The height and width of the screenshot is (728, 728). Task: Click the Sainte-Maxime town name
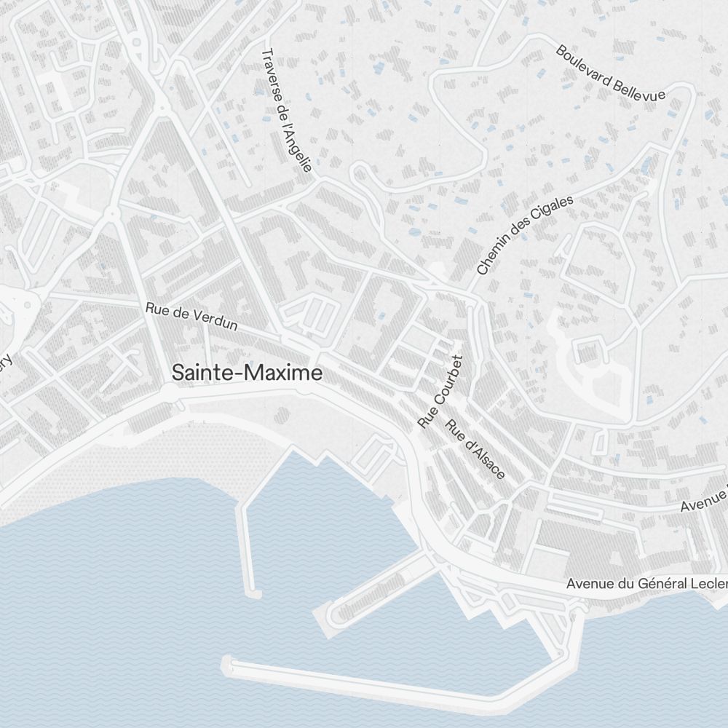247,373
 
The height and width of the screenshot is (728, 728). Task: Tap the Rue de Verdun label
191,316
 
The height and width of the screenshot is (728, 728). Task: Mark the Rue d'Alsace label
475,450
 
